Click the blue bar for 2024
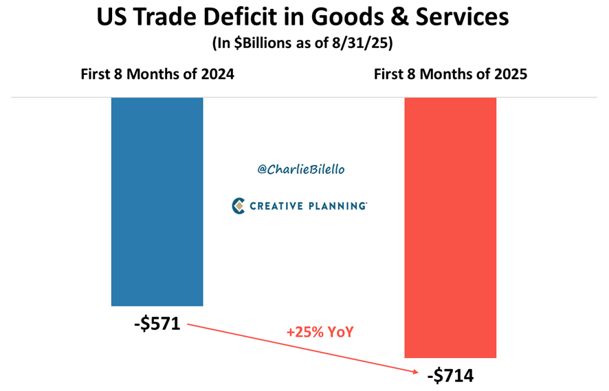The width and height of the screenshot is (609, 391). [157, 201]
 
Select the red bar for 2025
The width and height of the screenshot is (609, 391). [450, 227]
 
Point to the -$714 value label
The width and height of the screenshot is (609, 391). [450, 375]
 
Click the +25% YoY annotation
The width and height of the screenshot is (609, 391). [320, 333]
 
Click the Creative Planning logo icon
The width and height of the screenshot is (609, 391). [239, 205]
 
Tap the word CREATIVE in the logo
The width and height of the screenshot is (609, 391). [278, 205]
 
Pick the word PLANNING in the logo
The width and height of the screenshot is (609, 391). [337, 205]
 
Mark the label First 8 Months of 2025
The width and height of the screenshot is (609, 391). [450, 74]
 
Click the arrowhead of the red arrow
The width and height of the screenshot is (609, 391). [417, 372]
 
